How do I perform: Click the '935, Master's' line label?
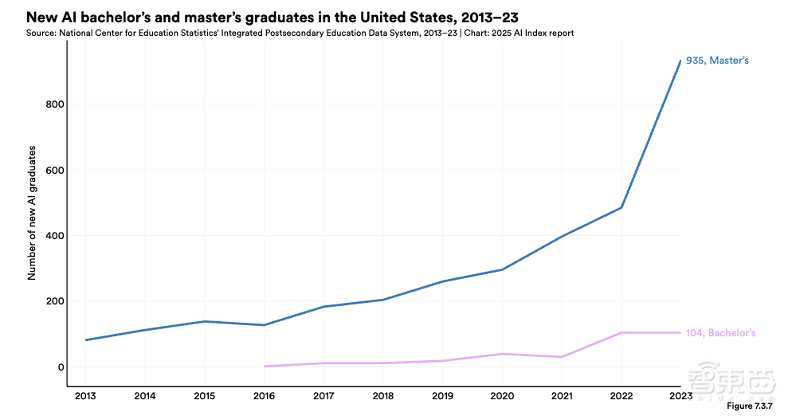click(717, 61)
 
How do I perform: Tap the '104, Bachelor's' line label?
click(720, 332)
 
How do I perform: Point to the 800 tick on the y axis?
click(54, 104)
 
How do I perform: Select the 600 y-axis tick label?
click(54, 171)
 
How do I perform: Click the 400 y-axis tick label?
click(54, 236)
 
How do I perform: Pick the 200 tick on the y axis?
click(54, 301)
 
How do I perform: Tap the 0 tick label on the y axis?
click(60, 367)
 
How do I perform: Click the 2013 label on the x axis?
click(85, 395)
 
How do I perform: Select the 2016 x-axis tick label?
click(264, 395)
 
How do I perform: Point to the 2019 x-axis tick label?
click(442, 395)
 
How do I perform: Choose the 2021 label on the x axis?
click(561, 395)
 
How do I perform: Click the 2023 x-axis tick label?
click(680, 395)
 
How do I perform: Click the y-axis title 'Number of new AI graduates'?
click(33, 214)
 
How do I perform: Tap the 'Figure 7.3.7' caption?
click(750, 406)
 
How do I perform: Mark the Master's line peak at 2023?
click(680, 61)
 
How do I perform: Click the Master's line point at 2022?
click(621, 208)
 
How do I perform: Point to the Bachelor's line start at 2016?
click(264, 367)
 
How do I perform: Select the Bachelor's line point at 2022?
click(621, 332)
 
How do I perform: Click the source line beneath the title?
click(300, 33)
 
